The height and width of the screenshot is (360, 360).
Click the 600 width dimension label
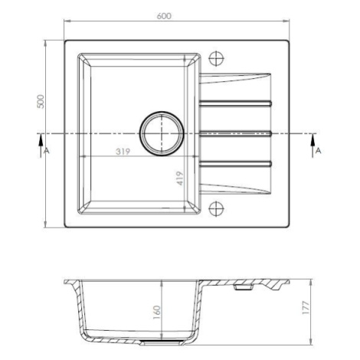coord(164,16)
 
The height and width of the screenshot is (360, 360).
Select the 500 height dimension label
coord(41,101)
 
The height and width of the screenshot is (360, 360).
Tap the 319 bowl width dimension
coord(123,152)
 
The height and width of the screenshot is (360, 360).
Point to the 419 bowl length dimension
coord(180,178)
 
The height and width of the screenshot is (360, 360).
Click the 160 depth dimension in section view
coord(156,313)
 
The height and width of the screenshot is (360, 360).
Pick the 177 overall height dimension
coord(306,308)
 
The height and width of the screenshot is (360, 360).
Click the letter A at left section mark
coord(46,151)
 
